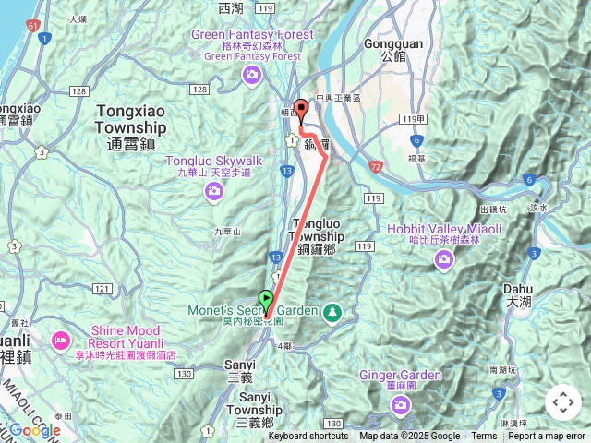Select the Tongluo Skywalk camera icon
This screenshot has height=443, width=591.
coord(214,191)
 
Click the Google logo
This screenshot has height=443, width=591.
coord(34,431)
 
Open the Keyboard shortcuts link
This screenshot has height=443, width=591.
coord(308,437)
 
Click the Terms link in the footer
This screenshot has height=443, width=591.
coord(484,437)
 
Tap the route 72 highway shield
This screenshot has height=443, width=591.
coord(375,166)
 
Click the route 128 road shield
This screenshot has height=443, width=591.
coord(200,90)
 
